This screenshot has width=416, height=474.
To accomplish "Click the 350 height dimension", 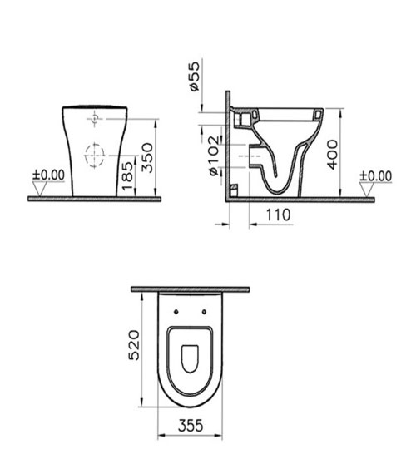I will tap(148, 156).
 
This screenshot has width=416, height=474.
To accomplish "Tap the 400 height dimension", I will tap(333, 153).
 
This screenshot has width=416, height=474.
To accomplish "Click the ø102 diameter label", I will tap(213, 155).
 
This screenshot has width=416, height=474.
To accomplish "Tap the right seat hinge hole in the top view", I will tap(205, 312).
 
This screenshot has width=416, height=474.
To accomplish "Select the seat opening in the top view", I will tap(190, 358).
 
